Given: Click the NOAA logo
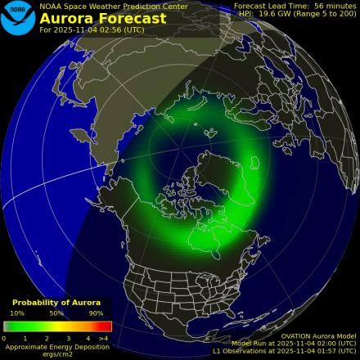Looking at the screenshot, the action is tap(18, 18).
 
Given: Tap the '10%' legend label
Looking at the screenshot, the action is tap(17, 313).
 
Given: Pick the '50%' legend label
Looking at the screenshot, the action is tap(56, 313).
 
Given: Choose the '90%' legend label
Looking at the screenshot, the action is tap(96, 313).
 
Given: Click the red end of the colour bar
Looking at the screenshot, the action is tap(106, 326).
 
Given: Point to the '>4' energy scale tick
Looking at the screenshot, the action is tap(104, 337).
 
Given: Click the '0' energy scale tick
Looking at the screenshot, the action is tap(4, 337).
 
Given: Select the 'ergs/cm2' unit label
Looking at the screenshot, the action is tap(56, 353).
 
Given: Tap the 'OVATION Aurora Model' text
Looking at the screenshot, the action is tap(318, 335).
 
